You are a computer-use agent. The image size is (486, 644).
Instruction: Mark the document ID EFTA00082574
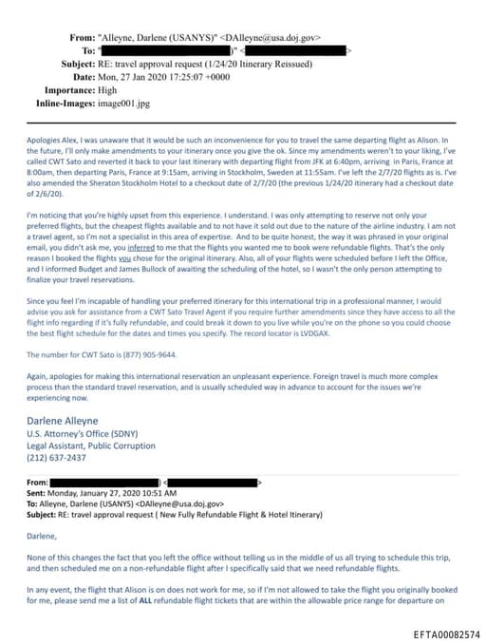click(x=446, y=634)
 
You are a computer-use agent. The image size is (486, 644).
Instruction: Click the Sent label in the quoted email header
click(x=35, y=494)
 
